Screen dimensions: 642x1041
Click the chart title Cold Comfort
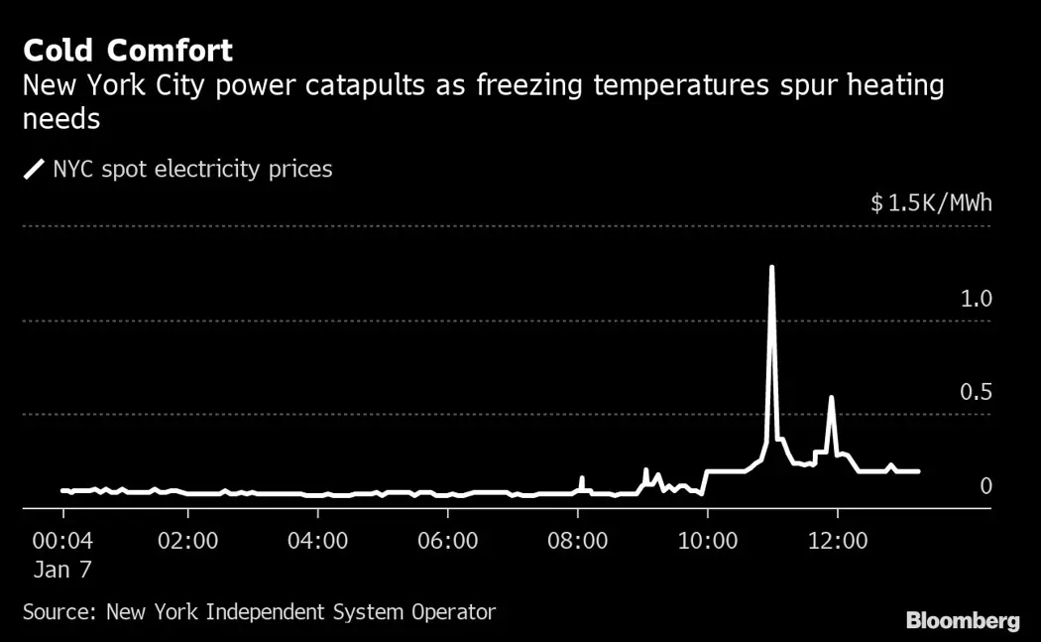(128, 50)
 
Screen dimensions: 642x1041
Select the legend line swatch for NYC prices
(34, 170)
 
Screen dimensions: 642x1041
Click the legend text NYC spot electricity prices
(192, 170)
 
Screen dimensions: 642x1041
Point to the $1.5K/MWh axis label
(931, 203)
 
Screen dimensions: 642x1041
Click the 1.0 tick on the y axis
(976, 299)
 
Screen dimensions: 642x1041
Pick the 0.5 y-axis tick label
(976, 393)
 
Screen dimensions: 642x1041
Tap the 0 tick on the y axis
(985, 486)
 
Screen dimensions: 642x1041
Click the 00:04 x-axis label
(63, 542)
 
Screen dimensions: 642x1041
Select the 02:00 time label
(187, 542)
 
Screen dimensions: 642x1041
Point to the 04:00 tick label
(317, 542)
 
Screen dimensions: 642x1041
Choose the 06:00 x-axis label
(447, 542)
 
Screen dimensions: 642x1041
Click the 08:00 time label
(577, 542)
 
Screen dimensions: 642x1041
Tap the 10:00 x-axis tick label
(707, 542)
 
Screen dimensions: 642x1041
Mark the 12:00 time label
(837, 542)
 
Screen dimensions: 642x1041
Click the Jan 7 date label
(63, 572)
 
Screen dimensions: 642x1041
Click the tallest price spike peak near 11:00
(771, 267)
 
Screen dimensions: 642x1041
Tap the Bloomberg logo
(963, 621)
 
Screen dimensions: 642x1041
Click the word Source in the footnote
(58, 612)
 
